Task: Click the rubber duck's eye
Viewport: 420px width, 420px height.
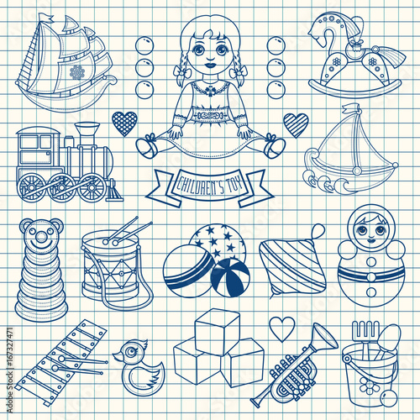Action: pyautogui.click(x=129, y=351)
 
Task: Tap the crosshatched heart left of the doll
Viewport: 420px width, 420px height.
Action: pyautogui.click(x=124, y=123)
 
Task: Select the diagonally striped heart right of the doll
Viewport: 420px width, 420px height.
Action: pyautogui.click(x=296, y=124)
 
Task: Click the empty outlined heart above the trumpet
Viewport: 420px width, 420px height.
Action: pyautogui.click(x=282, y=328)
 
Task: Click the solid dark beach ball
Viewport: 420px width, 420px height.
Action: pyautogui.click(x=230, y=277)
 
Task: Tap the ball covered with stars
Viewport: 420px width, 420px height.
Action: pyautogui.click(x=218, y=241)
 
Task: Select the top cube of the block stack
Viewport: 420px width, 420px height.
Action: pyautogui.click(x=218, y=332)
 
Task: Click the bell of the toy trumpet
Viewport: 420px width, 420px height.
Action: pyautogui.click(x=325, y=338)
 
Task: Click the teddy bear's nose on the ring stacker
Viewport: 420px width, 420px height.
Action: pyautogui.click(x=41, y=237)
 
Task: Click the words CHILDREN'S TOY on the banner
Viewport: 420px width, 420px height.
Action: pyautogui.click(x=210, y=186)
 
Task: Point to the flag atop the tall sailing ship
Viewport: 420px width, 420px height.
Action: pyautogui.click(x=46, y=18)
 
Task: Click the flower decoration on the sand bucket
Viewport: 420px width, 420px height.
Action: pyautogui.click(x=368, y=386)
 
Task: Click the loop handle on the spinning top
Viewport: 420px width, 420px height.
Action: pyautogui.click(x=318, y=232)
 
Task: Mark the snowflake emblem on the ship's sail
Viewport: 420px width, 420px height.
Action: pyautogui.click(x=77, y=72)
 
